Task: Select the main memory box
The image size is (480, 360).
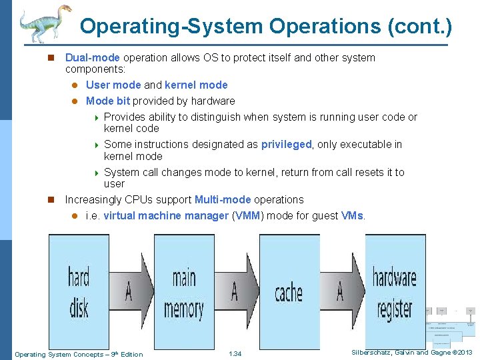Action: click(x=184, y=292)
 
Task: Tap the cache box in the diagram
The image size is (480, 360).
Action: click(x=289, y=292)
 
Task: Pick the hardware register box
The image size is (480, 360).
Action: click(x=395, y=292)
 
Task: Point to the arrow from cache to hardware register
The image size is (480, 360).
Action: click(x=342, y=291)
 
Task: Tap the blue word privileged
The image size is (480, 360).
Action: click(x=286, y=145)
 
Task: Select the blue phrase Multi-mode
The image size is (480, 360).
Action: click(x=223, y=199)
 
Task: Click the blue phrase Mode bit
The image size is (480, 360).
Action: click(x=108, y=101)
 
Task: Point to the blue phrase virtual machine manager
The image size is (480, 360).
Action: click(x=166, y=216)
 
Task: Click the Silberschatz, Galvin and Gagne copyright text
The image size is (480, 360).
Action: click(x=411, y=353)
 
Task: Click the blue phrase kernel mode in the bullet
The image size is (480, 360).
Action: click(x=196, y=85)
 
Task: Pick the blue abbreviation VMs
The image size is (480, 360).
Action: click(x=352, y=216)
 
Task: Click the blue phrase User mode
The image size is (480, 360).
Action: click(x=113, y=85)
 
